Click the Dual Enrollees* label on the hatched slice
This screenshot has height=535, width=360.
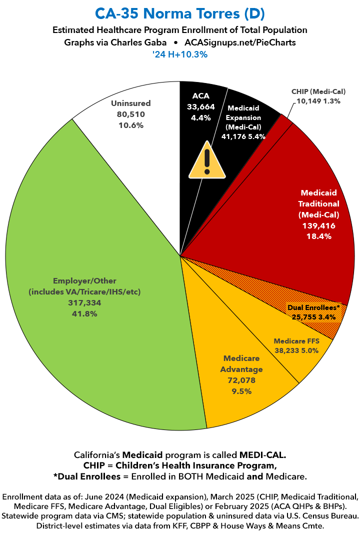coord(313,307)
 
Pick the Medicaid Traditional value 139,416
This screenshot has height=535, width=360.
coord(318,226)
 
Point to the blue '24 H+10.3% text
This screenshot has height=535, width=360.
coord(179,54)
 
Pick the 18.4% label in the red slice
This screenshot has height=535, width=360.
coord(318,236)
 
